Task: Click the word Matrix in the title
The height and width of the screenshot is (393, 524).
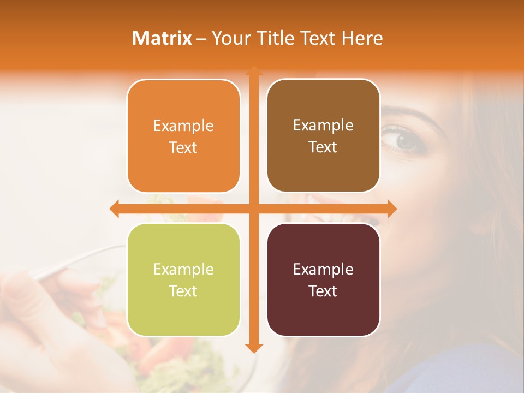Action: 162,38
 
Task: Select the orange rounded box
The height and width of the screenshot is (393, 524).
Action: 183,136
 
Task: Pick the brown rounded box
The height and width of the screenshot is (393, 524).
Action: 323,136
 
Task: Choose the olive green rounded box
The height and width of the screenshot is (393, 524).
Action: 183,280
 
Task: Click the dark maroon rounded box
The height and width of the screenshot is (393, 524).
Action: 323,280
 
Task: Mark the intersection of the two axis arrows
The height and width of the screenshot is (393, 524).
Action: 253,209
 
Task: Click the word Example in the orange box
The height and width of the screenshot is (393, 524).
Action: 183,126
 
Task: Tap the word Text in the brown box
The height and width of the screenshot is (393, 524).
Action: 323,147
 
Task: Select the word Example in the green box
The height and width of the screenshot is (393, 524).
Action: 183,269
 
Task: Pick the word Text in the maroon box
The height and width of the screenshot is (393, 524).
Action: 323,291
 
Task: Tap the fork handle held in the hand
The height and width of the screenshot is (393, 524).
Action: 82,260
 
